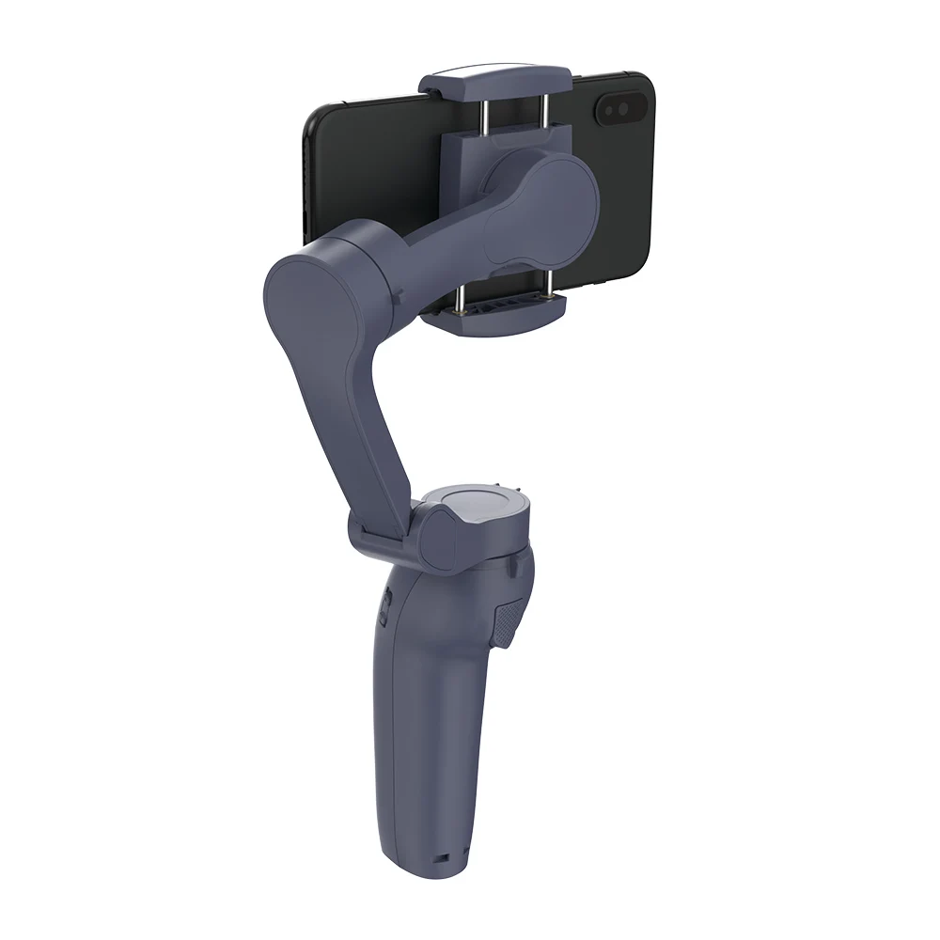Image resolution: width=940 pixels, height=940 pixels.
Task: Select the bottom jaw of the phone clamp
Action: click(x=492, y=307)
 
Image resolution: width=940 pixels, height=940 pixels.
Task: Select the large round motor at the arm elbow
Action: click(x=311, y=291)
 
